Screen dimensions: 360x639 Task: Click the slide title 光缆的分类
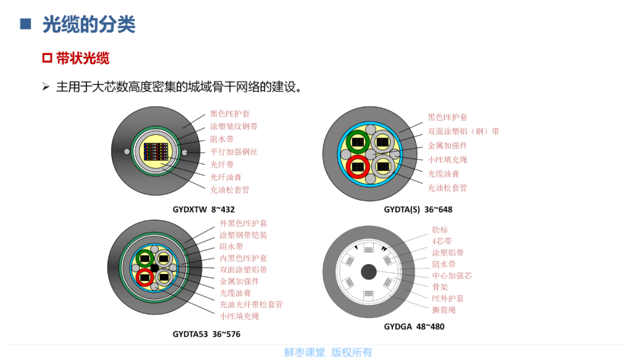tap(89, 24)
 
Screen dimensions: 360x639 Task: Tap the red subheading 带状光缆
tap(82, 58)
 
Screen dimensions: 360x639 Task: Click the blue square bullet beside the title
tap(25, 24)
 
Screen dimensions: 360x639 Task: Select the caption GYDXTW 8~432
tap(204, 210)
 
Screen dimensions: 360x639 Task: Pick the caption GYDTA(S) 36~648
tap(418, 210)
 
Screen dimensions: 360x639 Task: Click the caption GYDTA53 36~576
tap(206, 335)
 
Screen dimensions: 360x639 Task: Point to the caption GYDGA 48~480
tap(414, 327)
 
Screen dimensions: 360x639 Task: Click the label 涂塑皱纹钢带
tap(234, 127)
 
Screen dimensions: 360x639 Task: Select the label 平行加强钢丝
tap(234, 152)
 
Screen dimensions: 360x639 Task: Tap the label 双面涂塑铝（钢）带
tap(463, 131)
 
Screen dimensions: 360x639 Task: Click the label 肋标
tap(440, 230)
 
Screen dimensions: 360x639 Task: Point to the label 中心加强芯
tap(451, 275)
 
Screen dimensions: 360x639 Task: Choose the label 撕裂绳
tap(444, 310)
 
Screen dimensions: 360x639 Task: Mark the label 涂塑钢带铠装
tap(243, 235)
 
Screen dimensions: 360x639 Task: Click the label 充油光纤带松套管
tap(251, 304)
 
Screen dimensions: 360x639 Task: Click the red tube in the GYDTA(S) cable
tap(358, 166)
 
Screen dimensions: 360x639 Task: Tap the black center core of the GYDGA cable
tap(369, 272)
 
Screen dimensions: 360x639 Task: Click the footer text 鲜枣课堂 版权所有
tap(328, 352)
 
